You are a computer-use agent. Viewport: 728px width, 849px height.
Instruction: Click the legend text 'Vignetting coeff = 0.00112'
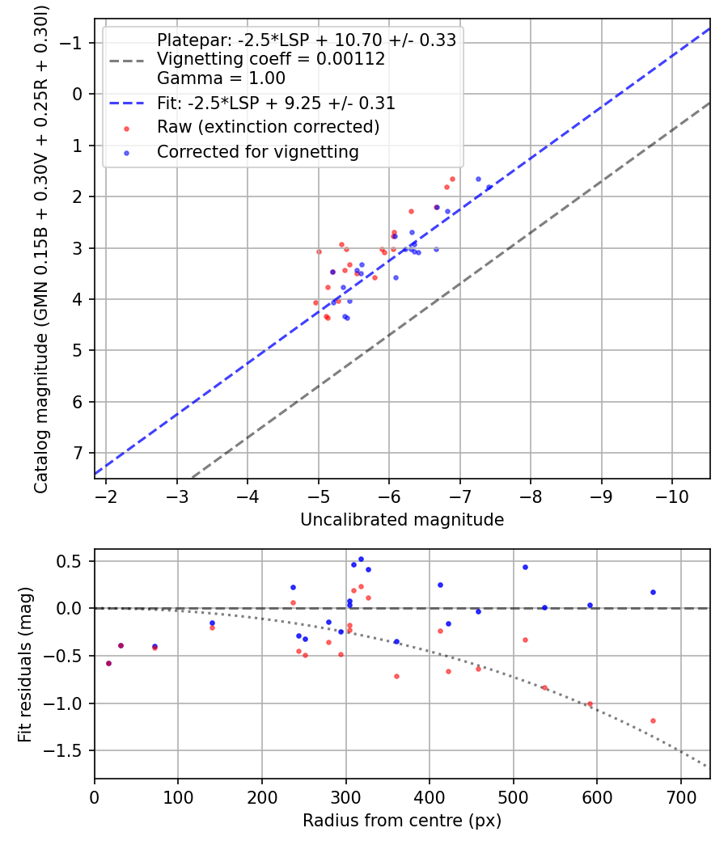pos(271,59)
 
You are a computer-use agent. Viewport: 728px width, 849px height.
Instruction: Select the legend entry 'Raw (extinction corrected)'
pos(268,127)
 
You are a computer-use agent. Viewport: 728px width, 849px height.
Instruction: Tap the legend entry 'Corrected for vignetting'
pos(258,151)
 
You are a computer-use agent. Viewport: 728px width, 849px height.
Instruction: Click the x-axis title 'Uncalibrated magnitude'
pos(402,520)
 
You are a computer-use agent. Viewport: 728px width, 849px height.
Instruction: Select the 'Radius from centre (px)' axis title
pos(402,821)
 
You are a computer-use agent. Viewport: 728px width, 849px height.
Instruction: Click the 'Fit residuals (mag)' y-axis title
pos(25,665)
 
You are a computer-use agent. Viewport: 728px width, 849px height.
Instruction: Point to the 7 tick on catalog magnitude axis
pos(77,453)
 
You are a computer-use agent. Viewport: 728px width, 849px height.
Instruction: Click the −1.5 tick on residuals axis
pos(67,750)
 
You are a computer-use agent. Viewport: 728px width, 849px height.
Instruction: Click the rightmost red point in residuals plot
pos(653,720)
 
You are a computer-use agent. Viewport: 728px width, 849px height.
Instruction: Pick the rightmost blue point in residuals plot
pos(653,592)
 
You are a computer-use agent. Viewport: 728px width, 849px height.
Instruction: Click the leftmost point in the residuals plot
pos(108,663)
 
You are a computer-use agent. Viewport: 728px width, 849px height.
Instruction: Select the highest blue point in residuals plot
pos(361,559)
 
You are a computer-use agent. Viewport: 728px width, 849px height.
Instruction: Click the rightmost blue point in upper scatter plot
pos(489,188)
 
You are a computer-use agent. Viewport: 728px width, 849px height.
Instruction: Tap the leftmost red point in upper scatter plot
pos(315,302)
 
